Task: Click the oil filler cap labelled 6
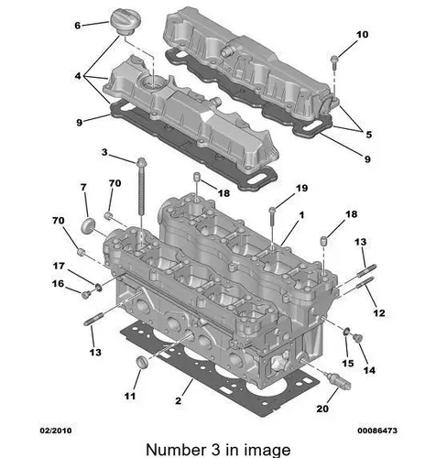click(123, 22)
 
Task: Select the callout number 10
click(362, 35)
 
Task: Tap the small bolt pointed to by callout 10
click(334, 63)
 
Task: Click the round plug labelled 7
click(88, 225)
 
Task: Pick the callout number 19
click(301, 188)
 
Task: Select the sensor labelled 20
click(339, 381)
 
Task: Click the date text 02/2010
click(56, 431)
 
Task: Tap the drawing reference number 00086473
click(377, 431)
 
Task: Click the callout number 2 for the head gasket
click(179, 400)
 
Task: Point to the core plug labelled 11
click(142, 362)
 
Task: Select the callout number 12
click(379, 313)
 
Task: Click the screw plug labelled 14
click(357, 338)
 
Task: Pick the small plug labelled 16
click(86, 295)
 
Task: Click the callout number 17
click(59, 267)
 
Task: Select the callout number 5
click(369, 135)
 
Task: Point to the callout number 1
click(301, 215)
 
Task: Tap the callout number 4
click(78, 76)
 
